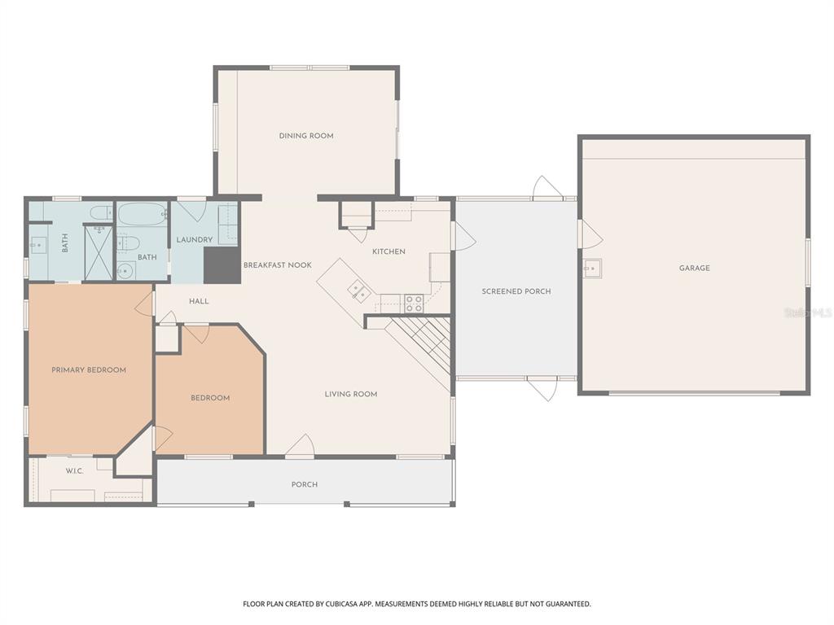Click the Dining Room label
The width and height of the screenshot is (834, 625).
[x=306, y=136]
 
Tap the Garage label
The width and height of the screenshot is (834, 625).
[x=695, y=268]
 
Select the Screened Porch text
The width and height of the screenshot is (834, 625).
[x=516, y=291]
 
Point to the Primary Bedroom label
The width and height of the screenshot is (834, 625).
[x=89, y=370]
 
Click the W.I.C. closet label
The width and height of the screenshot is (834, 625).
[x=74, y=471]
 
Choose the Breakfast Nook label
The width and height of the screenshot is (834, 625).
[x=278, y=265]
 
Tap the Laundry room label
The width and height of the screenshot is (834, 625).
[x=195, y=240]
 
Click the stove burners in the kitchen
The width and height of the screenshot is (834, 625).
[x=414, y=304]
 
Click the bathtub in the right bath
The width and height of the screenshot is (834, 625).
[x=143, y=215]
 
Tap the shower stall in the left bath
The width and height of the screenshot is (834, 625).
[x=99, y=252]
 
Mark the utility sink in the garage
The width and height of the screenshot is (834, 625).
[x=591, y=267]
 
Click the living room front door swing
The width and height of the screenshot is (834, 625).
[x=301, y=446]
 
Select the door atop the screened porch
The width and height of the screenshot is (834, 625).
[x=546, y=188]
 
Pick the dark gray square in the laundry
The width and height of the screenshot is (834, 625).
[x=222, y=265]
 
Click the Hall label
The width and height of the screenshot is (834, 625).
[x=199, y=301]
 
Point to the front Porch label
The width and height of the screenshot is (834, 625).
[x=305, y=485]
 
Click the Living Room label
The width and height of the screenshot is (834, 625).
[x=351, y=395]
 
